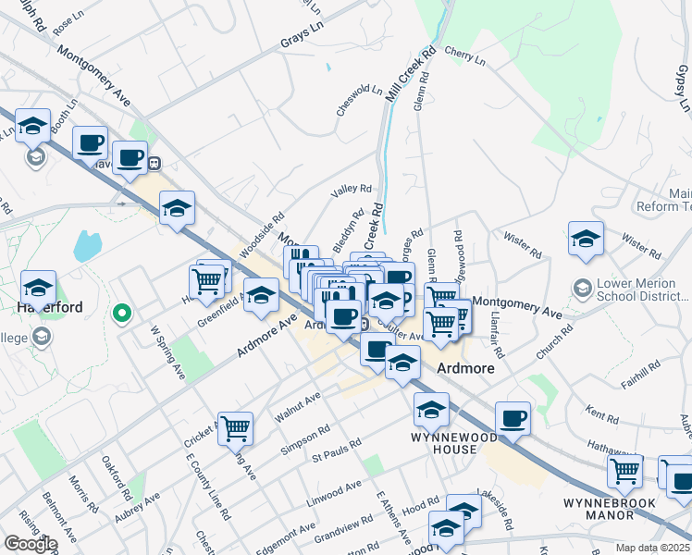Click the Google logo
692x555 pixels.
[x=30, y=544]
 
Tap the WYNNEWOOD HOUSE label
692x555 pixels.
[x=444, y=442]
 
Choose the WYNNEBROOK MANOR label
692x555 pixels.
[x=610, y=510]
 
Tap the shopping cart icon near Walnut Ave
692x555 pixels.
[x=236, y=428]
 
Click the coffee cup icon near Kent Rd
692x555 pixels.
[x=513, y=418]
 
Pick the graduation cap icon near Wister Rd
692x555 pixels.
[x=585, y=239]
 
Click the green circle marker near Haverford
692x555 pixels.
[x=119, y=314]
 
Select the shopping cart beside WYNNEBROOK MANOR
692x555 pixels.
[x=625, y=471]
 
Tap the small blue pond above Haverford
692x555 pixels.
[x=87, y=246]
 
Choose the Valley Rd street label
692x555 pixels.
[x=352, y=190]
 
